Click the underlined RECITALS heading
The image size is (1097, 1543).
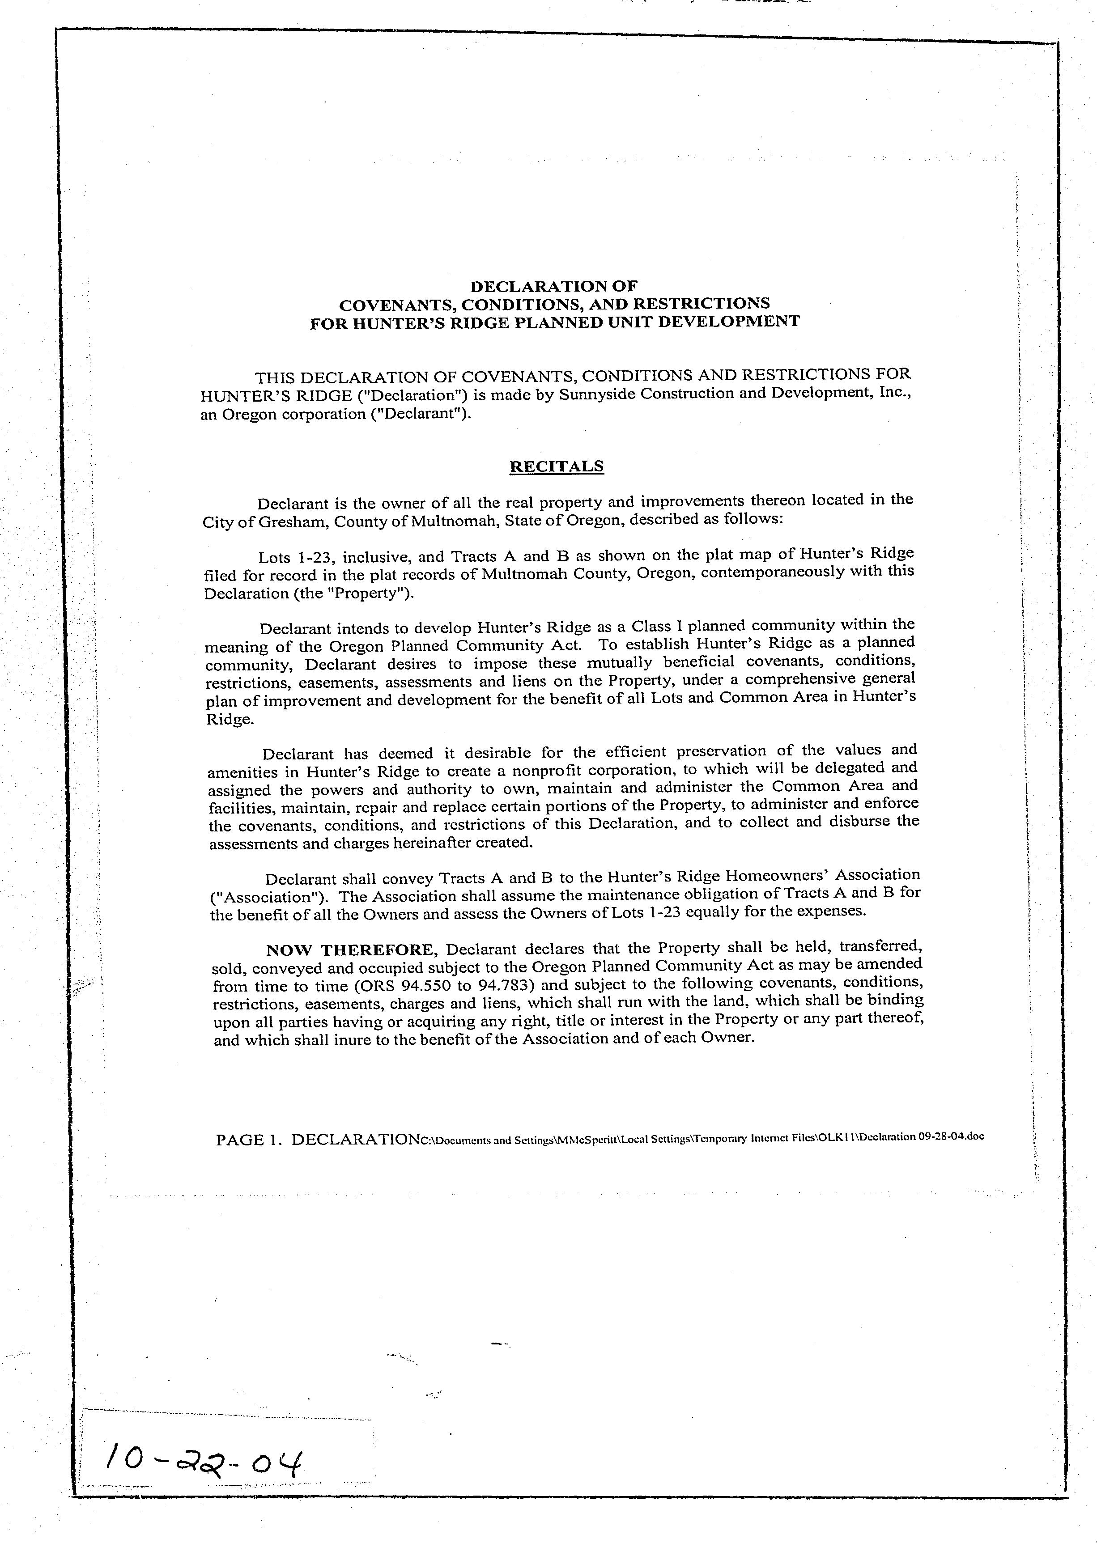[556, 466]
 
